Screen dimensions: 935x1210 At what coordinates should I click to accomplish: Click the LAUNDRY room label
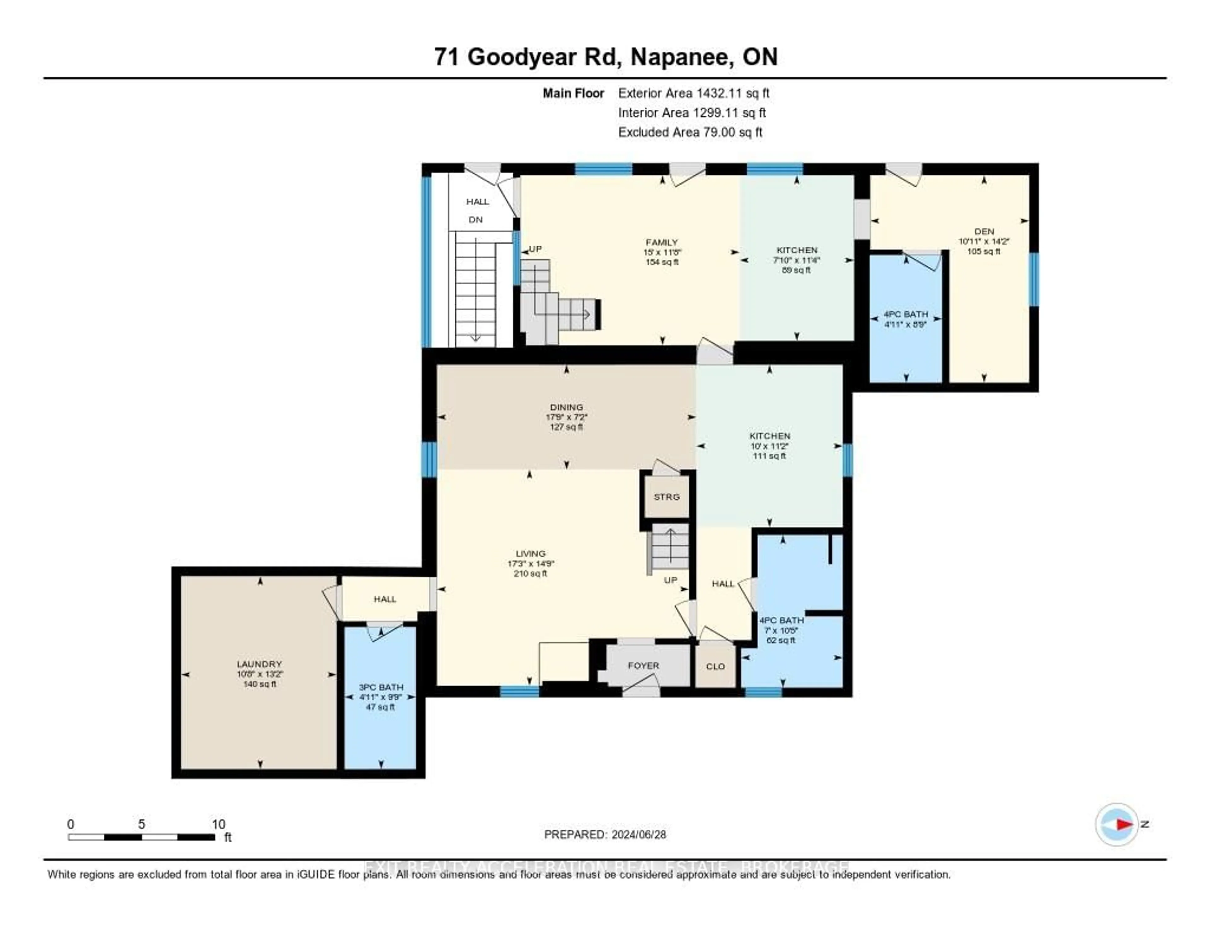pyautogui.click(x=259, y=664)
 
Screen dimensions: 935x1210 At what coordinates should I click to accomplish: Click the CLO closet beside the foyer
pyautogui.click(x=715, y=666)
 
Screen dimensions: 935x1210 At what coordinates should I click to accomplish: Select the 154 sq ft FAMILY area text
pyautogui.click(x=662, y=262)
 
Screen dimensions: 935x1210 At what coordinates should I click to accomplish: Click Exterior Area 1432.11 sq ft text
pyautogui.click(x=694, y=93)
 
